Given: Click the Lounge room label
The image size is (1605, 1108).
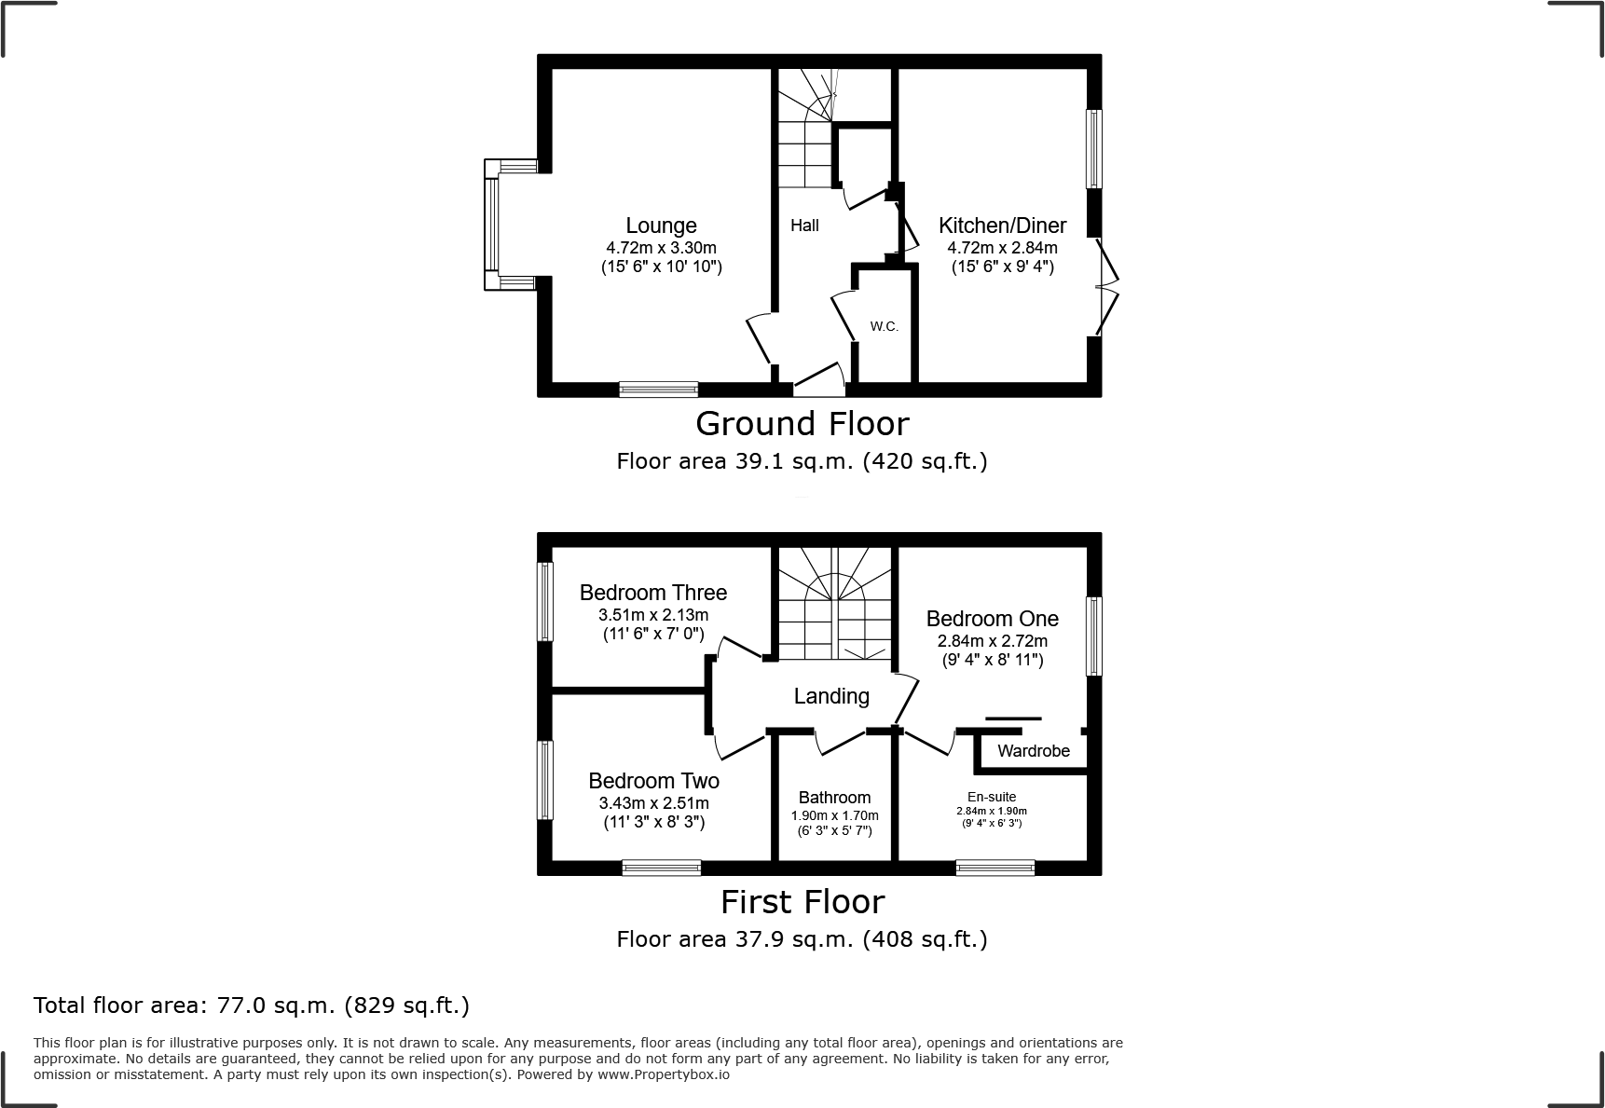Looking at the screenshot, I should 661,226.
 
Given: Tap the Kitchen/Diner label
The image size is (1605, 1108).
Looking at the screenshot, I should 1002,226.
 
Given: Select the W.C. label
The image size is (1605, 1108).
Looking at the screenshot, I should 884,326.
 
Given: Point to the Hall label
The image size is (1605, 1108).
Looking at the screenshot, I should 804,226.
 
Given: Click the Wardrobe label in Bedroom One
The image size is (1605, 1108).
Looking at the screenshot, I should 1033,751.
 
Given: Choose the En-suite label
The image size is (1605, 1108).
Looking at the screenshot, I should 992,797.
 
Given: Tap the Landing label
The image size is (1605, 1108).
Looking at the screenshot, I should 831,696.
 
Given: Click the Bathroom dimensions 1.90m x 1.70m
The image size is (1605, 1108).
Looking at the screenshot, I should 834,815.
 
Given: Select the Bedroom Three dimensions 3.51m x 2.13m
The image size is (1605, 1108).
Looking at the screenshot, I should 652,615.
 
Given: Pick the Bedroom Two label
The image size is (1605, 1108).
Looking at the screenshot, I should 653,781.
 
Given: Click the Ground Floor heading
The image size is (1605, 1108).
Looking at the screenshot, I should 802,424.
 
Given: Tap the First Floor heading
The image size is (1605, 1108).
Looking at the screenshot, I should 802,902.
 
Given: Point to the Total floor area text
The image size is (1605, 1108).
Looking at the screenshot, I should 252,1005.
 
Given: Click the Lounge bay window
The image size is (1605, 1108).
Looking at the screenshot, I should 492,225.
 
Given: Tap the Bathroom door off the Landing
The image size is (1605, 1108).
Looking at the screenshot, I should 842,743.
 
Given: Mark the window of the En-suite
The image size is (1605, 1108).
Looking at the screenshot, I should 995,868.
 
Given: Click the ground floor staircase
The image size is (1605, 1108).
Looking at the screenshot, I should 804,140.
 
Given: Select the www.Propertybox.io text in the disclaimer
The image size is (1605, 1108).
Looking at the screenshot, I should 663,1074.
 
